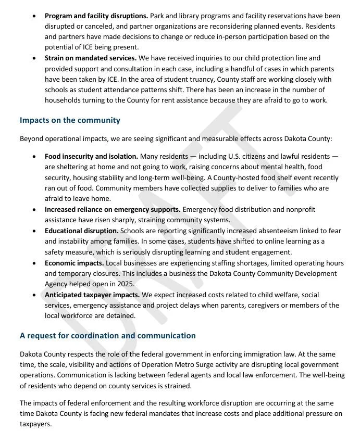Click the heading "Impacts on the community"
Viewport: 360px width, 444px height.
[70, 120]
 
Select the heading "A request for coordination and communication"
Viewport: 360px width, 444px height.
[108, 336]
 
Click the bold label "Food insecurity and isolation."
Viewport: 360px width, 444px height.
[91, 156]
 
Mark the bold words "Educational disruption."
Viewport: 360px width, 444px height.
[82, 231]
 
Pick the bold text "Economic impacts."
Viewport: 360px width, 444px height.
[75, 263]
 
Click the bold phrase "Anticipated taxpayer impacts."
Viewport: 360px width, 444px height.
[92, 295]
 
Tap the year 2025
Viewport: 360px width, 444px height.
[126, 284]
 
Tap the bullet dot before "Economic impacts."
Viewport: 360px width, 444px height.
[34, 263]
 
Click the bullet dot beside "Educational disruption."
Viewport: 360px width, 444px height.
[34, 231]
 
